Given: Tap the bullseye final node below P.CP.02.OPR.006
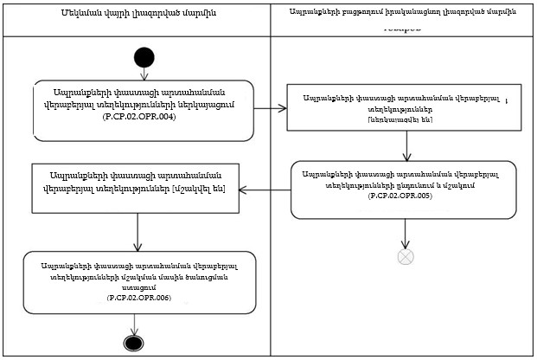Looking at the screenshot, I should pos(134,342).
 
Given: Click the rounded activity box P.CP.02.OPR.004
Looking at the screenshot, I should pos(144,110).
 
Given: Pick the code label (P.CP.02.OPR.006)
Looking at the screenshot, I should pos(138,297).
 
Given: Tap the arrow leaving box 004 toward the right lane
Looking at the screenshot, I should pos(272,109).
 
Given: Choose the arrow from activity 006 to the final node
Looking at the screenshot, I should pos(134,324).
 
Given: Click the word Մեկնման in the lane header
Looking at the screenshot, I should pos(84,15).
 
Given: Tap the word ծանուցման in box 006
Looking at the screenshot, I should pos(186,276).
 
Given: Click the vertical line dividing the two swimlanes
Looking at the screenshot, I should pos(271,216).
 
